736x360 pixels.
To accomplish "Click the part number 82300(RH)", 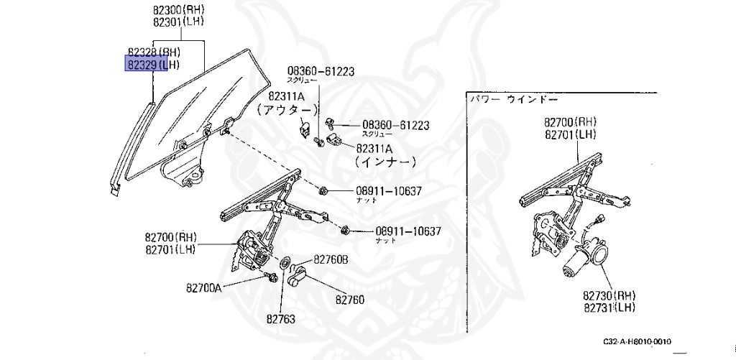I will point(178,11).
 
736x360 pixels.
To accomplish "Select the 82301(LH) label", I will point(178,22).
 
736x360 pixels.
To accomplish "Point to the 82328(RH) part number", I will point(153,52).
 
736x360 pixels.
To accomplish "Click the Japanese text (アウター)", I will point(287,109).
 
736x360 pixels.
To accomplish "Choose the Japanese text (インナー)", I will point(385,162).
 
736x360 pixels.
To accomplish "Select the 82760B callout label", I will point(330,259).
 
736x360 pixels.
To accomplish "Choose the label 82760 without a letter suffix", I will point(350,299).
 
